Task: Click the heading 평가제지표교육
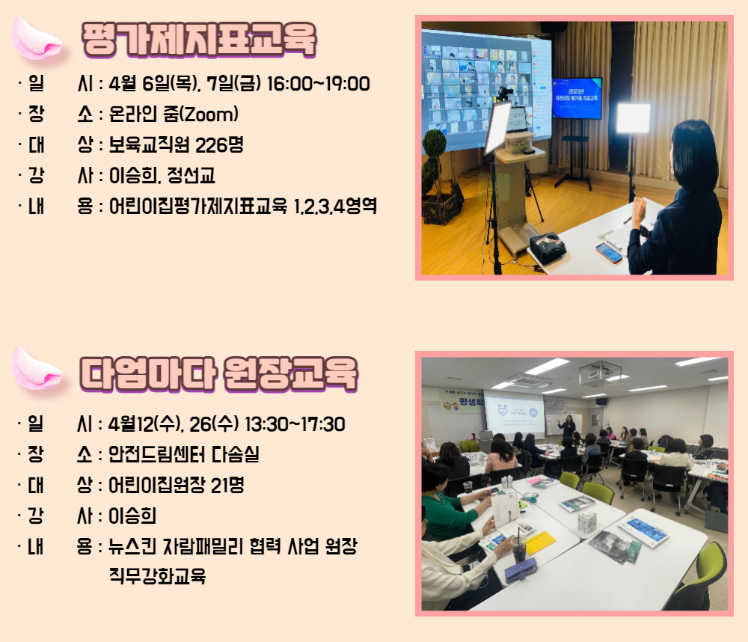pyautogui.click(x=199, y=40)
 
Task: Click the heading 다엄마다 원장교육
pyautogui.click(x=218, y=374)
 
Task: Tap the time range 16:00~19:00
pyautogui.click(x=318, y=84)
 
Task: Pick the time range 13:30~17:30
pyautogui.click(x=295, y=424)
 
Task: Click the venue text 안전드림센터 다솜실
pyautogui.click(x=184, y=454)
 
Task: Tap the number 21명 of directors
pyautogui.click(x=227, y=485)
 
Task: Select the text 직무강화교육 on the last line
pyautogui.click(x=157, y=575)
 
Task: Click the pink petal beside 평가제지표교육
pyautogui.click(x=37, y=38)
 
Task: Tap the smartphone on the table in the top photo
pyautogui.click(x=609, y=252)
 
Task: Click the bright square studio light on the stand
pyautogui.click(x=633, y=118)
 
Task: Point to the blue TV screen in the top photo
pyautogui.click(x=577, y=98)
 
